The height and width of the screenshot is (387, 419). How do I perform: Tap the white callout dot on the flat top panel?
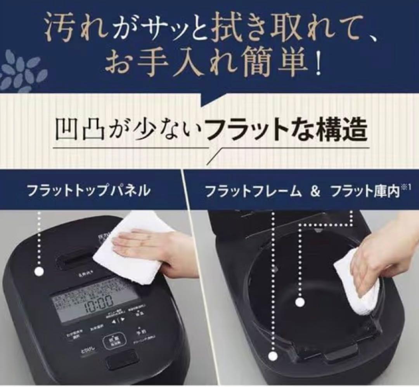[x=38, y=272]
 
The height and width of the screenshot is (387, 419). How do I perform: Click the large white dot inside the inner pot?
[x=299, y=302]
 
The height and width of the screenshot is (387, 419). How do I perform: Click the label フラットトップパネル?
[x=88, y=191]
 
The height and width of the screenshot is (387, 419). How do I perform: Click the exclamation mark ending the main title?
[x=318, y=66]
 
